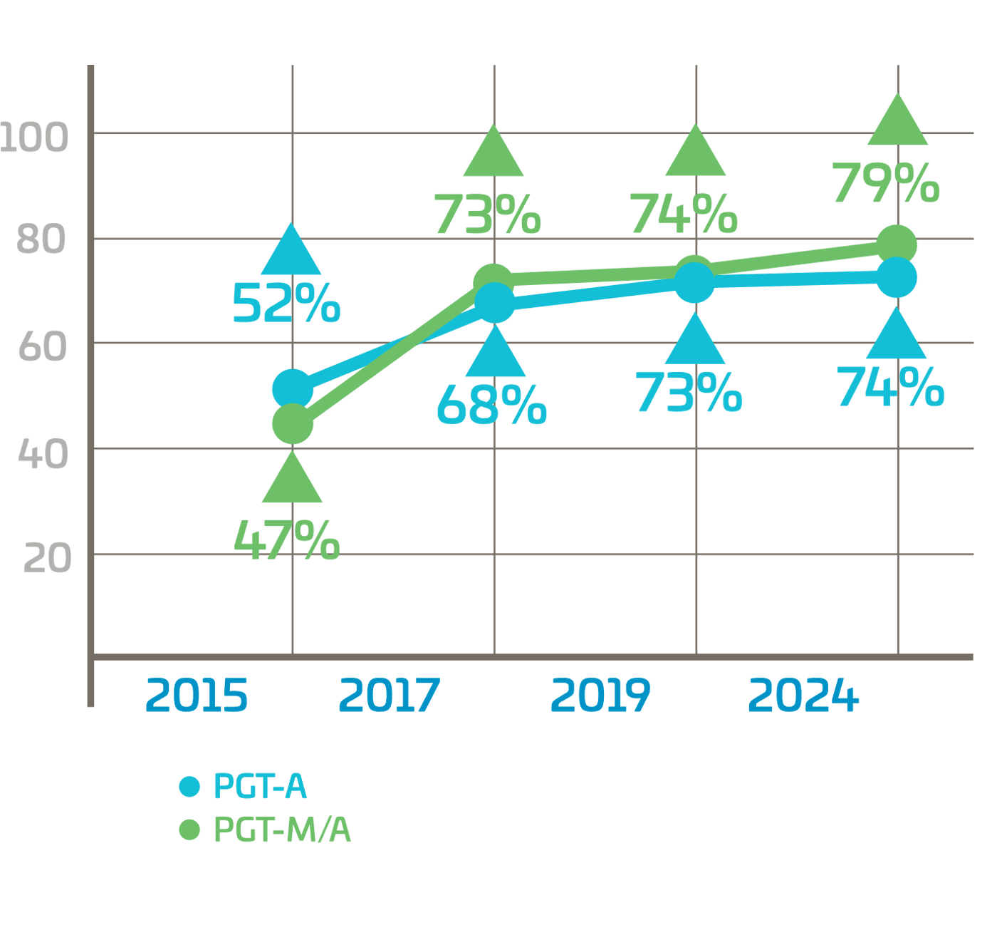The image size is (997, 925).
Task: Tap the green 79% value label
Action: (886, 183)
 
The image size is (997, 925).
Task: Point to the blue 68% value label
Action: (491, 405)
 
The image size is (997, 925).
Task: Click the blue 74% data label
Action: (890, 388)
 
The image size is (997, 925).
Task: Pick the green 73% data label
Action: (488, 215)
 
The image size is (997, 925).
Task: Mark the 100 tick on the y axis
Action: (34, 137)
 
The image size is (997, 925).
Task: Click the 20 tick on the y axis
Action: (47, 559)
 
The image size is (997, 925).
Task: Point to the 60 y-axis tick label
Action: (43, 347)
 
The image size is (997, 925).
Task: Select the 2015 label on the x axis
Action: (197, 696)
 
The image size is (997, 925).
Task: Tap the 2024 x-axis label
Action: (803, 696)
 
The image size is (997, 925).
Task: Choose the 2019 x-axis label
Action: (600, 696)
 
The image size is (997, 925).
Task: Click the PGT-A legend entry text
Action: (260, 786)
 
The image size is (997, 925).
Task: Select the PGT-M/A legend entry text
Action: (282, 830)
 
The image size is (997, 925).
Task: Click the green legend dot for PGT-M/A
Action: (189, 830)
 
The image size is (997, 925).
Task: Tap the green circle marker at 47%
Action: (293, 424)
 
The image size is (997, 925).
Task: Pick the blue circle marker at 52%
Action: (293, 389)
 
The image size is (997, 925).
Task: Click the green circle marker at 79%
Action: (896, 245)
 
